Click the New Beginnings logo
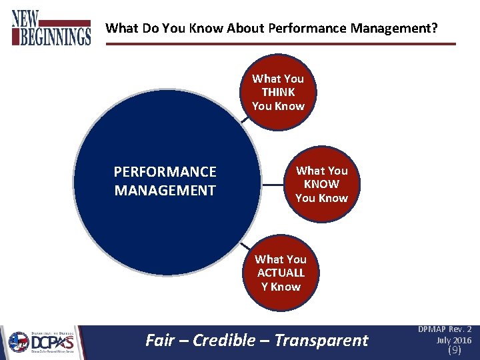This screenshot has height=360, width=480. coord(51,28)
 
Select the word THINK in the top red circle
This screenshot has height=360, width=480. coord(278,92)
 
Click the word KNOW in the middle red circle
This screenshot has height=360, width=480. coord(321,184)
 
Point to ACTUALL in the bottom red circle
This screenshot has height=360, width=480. coord(281,273)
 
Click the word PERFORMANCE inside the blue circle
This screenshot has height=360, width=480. coord(165,172)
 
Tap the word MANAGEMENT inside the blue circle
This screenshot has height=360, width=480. coord(165,191)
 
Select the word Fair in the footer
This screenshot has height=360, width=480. coord(159,341)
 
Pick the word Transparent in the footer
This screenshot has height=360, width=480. coord(321,341)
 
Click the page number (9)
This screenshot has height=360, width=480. coord(454,350)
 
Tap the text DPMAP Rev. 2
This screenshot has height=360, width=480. coord(445,329)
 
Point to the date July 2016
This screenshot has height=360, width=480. coord(453,340)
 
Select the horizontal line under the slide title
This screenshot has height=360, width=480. coord(280,44)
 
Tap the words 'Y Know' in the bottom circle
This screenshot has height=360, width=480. coord(281,287)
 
